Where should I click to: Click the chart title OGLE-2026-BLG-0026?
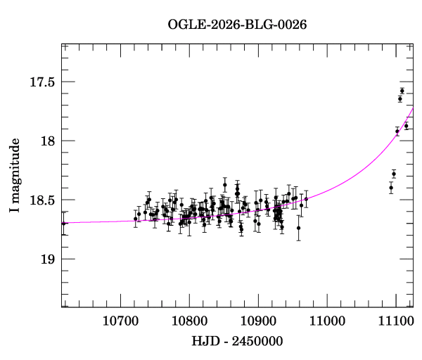pos(237,25)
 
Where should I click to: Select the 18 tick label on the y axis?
pos(46,141)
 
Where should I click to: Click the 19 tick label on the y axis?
pos(46,259)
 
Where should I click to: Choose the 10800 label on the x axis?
pos(188,321)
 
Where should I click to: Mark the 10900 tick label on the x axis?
pos(257,321)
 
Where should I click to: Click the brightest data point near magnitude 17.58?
pos(402,91)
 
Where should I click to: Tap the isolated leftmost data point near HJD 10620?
pos(64,224)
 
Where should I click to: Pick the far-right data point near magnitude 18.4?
pos(391,187)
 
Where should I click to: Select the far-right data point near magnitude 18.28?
pos(394,174)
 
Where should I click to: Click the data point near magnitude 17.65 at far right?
pos(400,99)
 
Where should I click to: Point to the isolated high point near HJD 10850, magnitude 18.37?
pos(225,185)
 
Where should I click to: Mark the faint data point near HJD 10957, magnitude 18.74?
pos(298,228)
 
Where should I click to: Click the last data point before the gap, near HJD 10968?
pos(306,199)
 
